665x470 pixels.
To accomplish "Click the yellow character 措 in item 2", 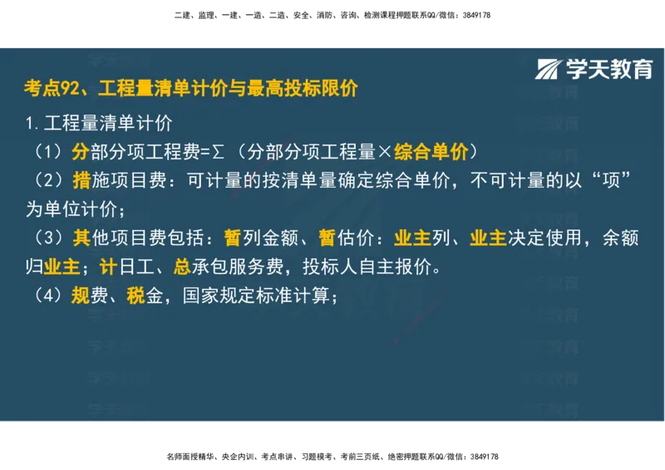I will coord(81,180).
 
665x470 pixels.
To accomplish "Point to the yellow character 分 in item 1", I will coord(80,152).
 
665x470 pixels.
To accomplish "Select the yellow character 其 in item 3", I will coord(81,238).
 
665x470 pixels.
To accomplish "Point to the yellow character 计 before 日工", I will coord(106,267).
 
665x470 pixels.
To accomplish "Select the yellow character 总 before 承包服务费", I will coord(182,267).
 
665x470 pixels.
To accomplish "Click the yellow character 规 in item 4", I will coord(80,296).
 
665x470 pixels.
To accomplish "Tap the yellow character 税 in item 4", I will coord(136,296).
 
